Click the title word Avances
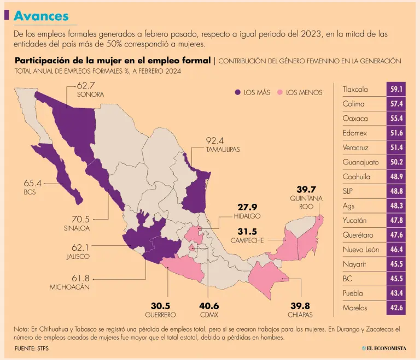41,16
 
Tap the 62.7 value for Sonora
86,85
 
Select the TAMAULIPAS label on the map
223,149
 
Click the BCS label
30,193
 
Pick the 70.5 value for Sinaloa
76,219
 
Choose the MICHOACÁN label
69,287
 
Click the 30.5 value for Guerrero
160,305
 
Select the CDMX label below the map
208,315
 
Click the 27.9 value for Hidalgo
247,207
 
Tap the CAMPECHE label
247,240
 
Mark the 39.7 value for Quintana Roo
306,189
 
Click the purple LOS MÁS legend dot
237,92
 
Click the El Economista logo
383,348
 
